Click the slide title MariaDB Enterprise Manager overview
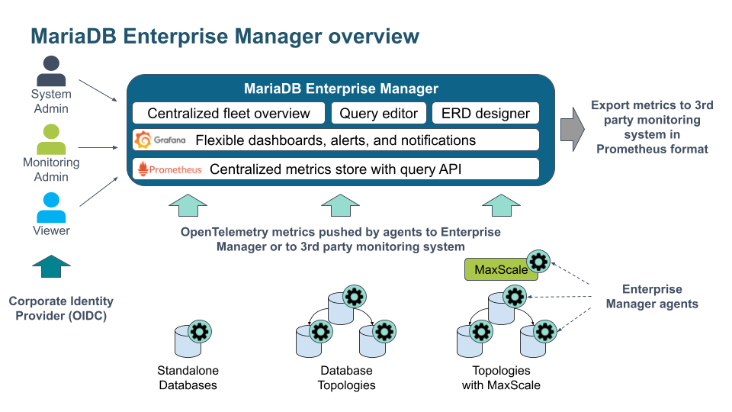pos(224,36)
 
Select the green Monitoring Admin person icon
pos(50,140)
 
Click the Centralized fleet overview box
pos(229,114)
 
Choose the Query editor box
pos(379,114)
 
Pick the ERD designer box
pos(485,114)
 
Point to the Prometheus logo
pos(169,169)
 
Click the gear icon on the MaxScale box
pos(539,262)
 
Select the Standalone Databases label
pos(188,378)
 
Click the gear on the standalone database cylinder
pos(200,331)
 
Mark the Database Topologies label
pos(346,378)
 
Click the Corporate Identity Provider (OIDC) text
pos(61,308)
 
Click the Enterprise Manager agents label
pos(651,296)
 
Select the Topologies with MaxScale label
pos(501,378)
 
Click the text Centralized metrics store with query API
pos(335,169)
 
